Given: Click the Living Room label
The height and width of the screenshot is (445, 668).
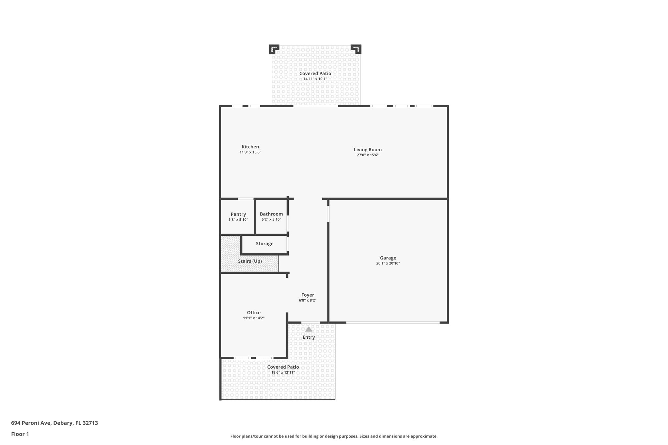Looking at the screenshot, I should point(368,150).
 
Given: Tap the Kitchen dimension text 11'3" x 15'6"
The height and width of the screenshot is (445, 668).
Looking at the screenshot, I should point(250,152).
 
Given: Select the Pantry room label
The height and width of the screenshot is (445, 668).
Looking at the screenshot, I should point(238,214).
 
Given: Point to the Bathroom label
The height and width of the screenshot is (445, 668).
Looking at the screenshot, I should point(271,214).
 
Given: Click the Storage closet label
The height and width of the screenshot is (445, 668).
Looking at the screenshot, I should point(265,244).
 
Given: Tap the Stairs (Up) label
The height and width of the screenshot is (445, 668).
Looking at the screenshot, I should point(250,261).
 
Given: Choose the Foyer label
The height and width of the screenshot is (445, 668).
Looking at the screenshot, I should point(308,295).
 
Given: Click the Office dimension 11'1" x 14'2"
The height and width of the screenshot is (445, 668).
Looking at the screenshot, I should point(253,318).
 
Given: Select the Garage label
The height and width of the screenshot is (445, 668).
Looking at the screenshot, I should point(388,258).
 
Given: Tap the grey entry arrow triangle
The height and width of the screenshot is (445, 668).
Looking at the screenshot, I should point(309,329).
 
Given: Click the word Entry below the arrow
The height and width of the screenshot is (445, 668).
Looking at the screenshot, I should point(309,337).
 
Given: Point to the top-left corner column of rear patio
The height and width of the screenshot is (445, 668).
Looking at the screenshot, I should point(274,49).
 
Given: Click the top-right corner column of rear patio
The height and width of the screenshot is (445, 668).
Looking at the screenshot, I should point(356,49).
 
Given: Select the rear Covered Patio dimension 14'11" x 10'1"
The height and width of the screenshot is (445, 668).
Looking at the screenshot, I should point(315,79).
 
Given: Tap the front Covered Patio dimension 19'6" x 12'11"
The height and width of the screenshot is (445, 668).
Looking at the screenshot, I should point(283,372).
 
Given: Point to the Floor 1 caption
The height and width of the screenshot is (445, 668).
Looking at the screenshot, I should point(20,434).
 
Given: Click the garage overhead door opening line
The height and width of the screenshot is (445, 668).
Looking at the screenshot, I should point(393,323).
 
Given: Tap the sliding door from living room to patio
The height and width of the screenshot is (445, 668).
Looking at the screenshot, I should point(315,106).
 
